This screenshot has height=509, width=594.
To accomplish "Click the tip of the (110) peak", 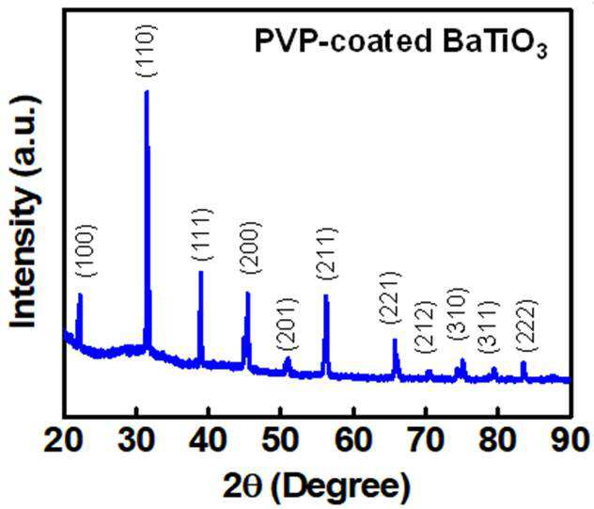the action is click(x=147, y=91).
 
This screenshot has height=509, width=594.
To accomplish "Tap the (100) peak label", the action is click(x=86, y=250).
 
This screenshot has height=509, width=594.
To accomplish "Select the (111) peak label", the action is click(x=202, y=234).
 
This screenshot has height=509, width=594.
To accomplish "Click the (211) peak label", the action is click(x=326, y=253).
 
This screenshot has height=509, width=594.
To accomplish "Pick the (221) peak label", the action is click(x=389, y=297).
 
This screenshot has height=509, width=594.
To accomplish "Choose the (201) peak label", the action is click(x=288, y=324).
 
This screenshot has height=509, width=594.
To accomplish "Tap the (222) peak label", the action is click(x=526, y=326).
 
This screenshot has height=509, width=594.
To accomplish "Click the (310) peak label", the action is click(x=458, y=314).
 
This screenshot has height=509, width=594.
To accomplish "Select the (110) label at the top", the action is click(x=146, y=51).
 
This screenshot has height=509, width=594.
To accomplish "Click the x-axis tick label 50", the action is click(x=280, y=440).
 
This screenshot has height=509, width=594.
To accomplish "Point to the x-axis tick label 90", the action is click(x=571, y=440).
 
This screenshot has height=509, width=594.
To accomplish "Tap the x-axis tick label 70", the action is click(x=426, y=440).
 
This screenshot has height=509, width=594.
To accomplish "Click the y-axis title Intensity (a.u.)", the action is click(x=25, y=212).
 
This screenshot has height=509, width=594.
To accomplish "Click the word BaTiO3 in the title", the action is click(x=495, y=42).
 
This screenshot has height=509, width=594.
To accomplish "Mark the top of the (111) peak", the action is click(x=201, y=272).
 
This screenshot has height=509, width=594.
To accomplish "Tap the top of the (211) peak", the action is click(x=326, y=295).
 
